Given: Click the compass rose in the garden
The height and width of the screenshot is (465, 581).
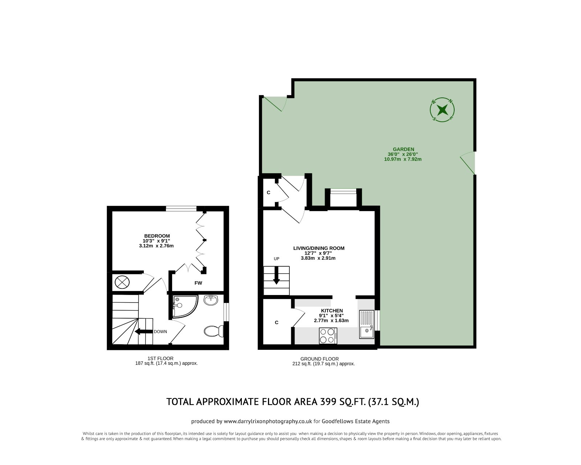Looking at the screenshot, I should point(442,109).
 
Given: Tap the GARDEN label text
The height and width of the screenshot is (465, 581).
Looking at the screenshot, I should point(403,149).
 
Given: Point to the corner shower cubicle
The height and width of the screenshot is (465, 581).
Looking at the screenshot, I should point(184,306).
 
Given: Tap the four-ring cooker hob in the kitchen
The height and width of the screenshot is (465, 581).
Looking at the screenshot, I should point(328,336).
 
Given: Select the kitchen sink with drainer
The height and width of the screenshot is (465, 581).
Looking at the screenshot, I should point(366,324).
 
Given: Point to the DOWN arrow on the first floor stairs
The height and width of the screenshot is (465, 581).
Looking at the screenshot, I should point(143,331).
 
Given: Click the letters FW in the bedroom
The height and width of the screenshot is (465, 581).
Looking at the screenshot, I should point(198,283).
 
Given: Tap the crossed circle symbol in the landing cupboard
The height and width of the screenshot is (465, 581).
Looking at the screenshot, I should point(122,282).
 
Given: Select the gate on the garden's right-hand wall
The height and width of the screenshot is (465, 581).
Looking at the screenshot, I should point(469,163).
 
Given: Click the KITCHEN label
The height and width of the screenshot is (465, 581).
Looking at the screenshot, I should point(331,311).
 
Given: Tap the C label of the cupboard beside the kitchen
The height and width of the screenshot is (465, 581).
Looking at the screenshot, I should point(277,322).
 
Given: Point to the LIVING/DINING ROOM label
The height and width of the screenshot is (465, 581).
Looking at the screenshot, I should point(318,248).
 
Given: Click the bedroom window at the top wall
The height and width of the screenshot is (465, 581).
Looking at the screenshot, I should point(182,209).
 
